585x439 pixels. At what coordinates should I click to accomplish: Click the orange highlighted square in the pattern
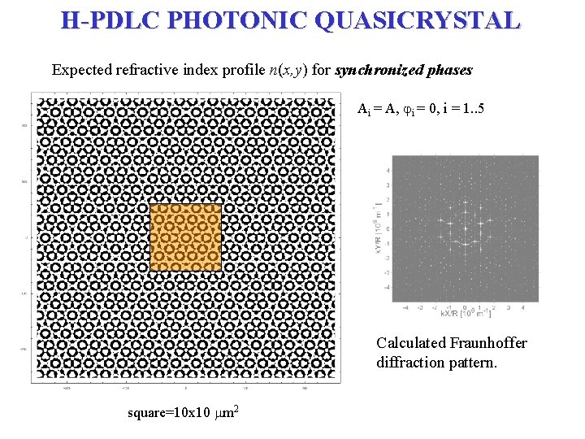point(185,237)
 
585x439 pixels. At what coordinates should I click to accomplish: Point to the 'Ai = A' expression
point(375,109)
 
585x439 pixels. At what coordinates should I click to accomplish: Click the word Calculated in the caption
point(410,343)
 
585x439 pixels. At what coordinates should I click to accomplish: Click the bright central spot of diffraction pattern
point(465,228)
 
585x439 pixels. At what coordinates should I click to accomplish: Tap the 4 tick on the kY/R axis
point(388,171)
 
